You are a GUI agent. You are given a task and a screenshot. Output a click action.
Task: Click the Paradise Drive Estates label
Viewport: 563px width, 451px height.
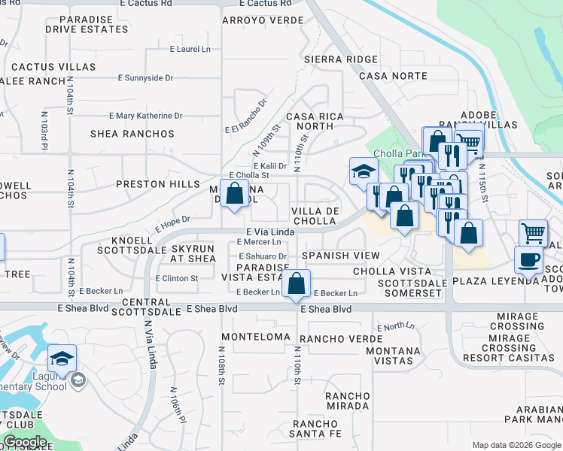click(x=87, y=24)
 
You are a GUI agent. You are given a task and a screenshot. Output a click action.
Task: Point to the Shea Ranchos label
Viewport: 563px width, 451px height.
click(x=132, y=134)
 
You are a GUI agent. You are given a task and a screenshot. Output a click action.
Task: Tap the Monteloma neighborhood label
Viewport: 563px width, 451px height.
click(x=256, y=337)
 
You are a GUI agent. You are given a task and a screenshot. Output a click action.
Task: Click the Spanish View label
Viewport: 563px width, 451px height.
click(x=341, y=256)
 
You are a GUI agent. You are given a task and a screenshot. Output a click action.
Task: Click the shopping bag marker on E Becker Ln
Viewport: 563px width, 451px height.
click(x=297, y=284)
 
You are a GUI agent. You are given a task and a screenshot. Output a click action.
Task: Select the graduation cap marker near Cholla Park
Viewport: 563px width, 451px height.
click(x=363, y=171)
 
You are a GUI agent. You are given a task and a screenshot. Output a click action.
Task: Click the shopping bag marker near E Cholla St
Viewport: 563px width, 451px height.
click(x=235, y=192)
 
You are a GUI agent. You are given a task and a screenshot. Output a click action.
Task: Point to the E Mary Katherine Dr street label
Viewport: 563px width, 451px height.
click(x=146, y=116)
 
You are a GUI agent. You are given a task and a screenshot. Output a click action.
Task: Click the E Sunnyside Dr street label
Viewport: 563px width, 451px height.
click(x=145, y=77)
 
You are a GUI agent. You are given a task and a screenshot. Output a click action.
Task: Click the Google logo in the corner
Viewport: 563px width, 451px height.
click(x=26, y=441)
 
